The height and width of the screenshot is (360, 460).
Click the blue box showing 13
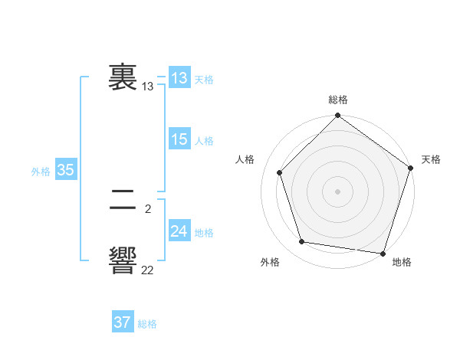click(x=179, y=77)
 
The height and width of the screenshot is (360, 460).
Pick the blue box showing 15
click(x=179, y=139)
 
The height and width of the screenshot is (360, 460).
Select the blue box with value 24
click(x=179, y=231)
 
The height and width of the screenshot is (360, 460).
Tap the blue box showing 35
click(x=65, y=170)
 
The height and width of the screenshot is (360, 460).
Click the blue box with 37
click(x=122, y=322)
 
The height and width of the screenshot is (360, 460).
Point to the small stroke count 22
click(x=147, y=270)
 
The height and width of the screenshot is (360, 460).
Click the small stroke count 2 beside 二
click(x=147, y=208)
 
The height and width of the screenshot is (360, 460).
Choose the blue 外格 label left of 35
click(x=41, y=172)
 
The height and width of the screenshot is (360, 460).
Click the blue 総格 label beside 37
click(x=147, y=324)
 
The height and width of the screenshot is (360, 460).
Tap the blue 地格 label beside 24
click(x=204, y=233)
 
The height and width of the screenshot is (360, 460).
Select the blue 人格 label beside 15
click(x=204, y=141)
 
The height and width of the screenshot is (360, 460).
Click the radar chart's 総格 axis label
click(x=337, y=100)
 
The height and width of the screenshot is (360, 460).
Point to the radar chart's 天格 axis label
click(x=431, y=159)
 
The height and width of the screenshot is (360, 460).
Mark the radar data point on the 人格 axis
click(x=280, y=172)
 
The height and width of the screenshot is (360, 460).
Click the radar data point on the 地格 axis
click(x=383, y=253)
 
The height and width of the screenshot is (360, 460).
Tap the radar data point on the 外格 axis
click(x=302, y=242)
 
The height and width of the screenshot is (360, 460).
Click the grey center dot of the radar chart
click(x=337, y=191)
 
